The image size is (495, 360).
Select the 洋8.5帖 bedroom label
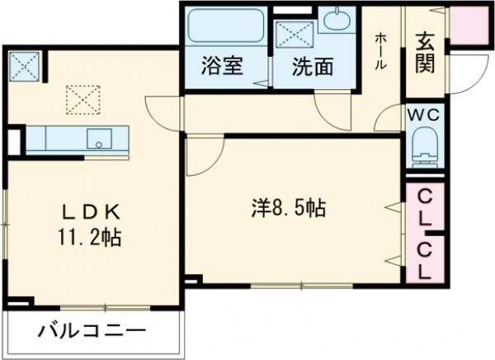[288, 209]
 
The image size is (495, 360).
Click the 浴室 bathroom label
[221, 67]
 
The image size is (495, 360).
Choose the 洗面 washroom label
[313, 67]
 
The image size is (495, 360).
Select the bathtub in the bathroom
[225, 26]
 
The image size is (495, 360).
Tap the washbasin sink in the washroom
[336, 19]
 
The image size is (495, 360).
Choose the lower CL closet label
[425, 259]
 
